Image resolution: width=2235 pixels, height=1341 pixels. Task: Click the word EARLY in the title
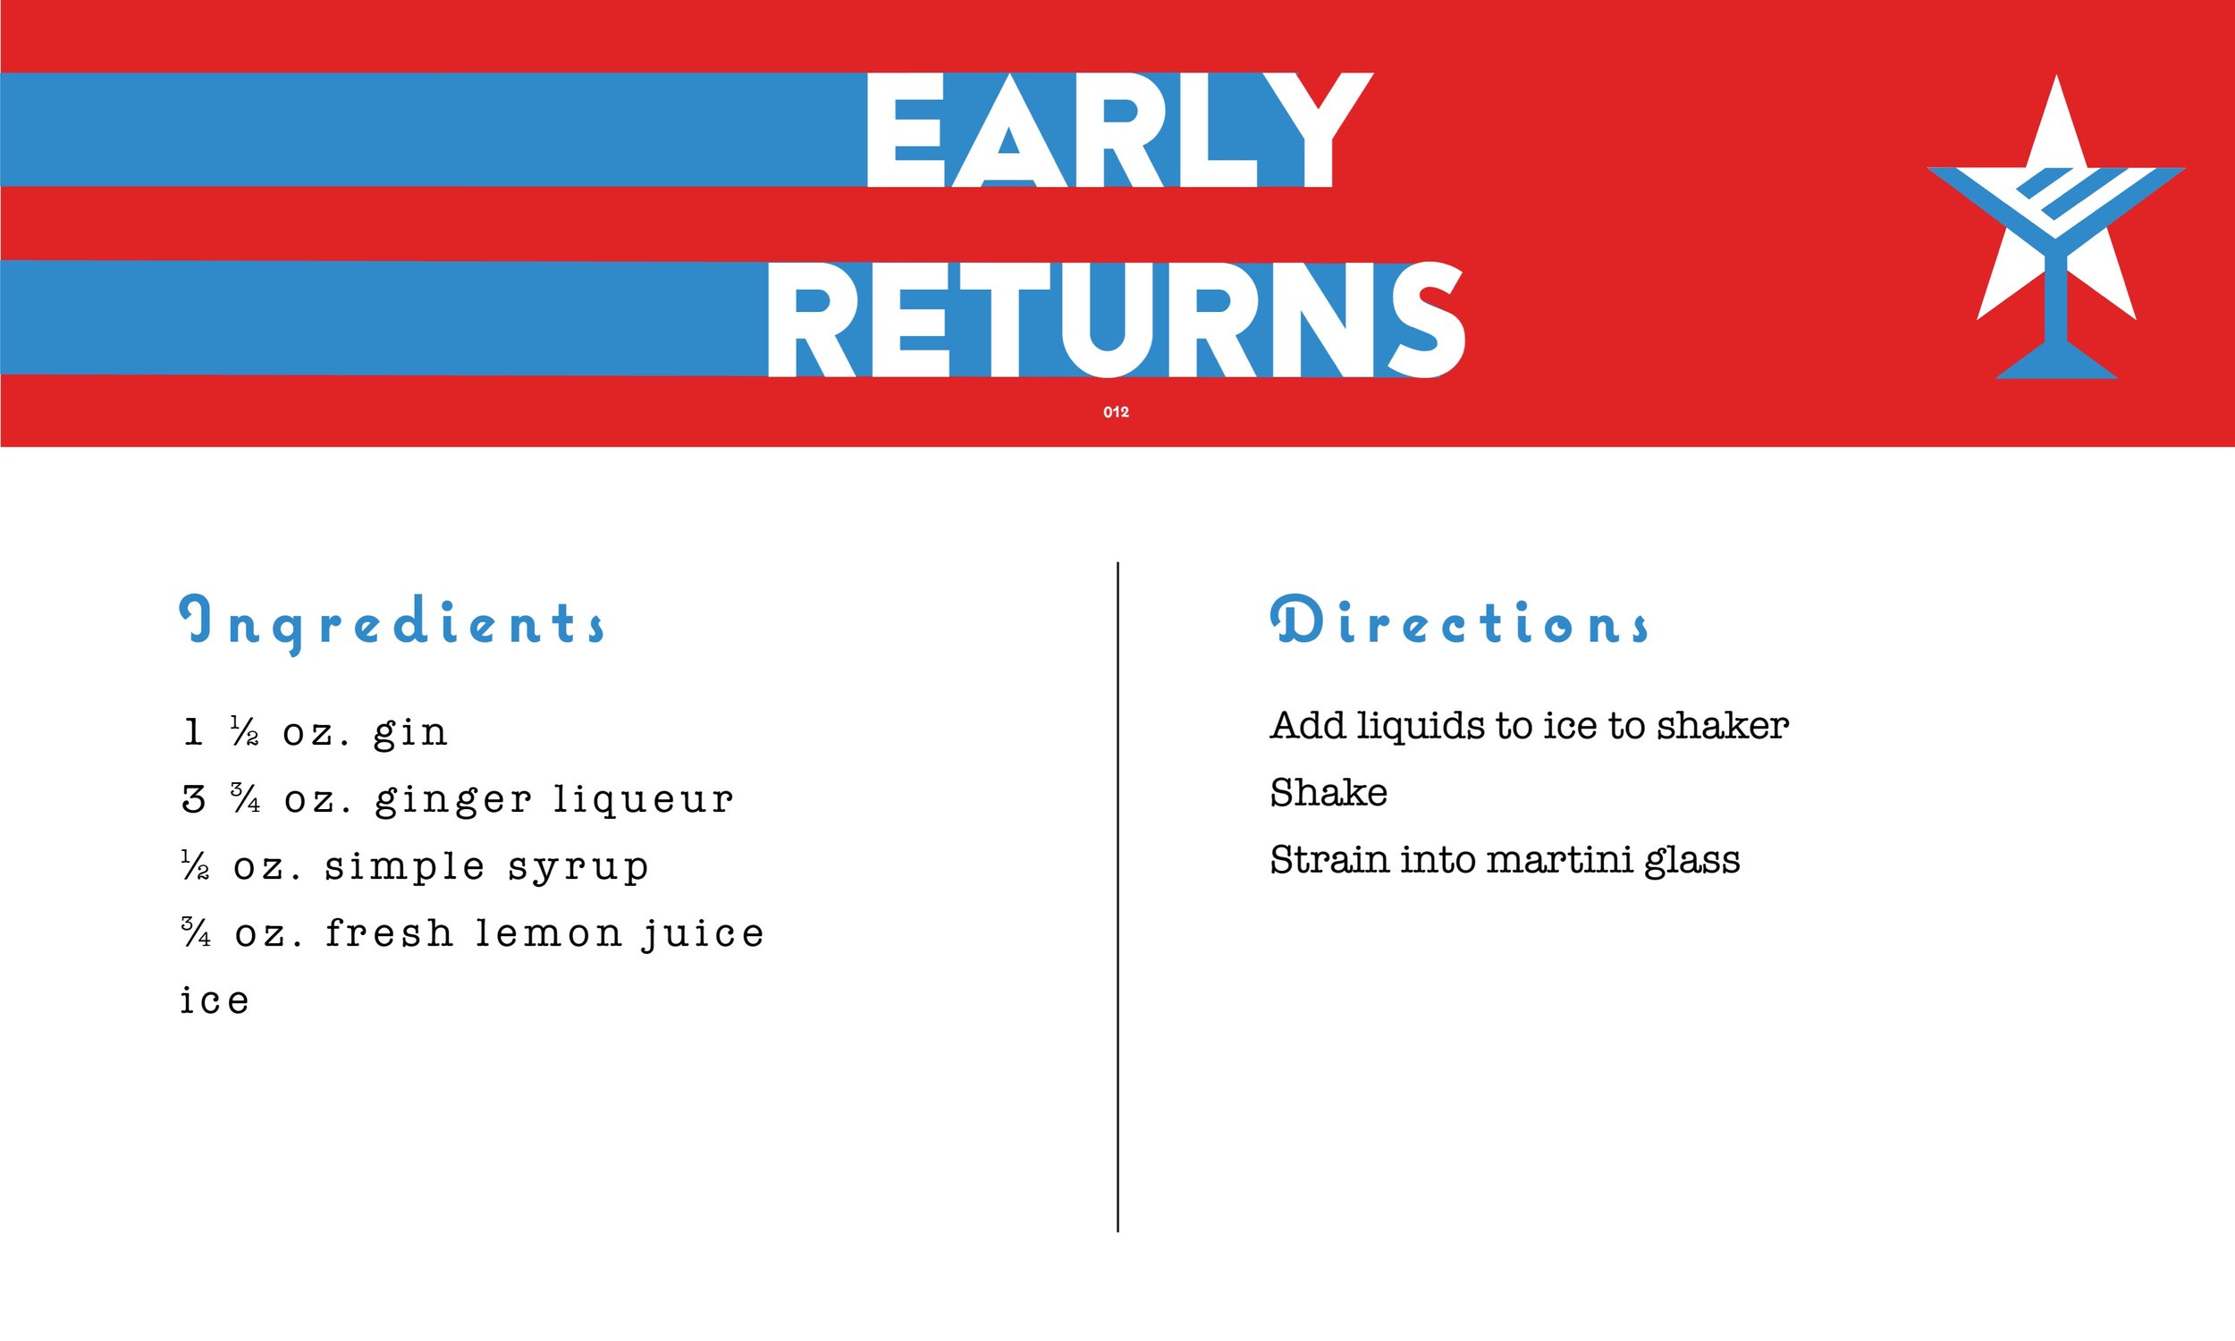pyautogui.click(x=1118, y=131)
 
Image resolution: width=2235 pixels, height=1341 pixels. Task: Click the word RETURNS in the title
pyautogui.click(x=1116, y=320)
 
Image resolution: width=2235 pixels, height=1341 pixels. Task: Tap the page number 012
pyautogui.click(x=1116, y=412)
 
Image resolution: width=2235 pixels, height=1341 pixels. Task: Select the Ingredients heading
pyautogui.click(x=393, y=623)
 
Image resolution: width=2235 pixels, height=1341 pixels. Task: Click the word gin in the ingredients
pyautogui.click(x=411, y=733)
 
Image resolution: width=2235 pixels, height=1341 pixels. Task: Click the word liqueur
pyautogui.click(x=643, y=800)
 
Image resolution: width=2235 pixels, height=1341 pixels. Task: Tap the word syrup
pyautogui.click(x=578, y=867)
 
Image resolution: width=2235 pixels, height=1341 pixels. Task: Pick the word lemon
pyautogui.click(x=549, y=933)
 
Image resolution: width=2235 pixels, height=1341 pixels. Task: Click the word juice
pyautogui.click(x=703, y=934)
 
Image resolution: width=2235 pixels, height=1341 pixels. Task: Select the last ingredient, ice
pyautogui.click(x=214, y=1001)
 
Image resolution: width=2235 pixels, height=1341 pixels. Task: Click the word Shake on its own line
pyautogui.click(x=1328, y=793)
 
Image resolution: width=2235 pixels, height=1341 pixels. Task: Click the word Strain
pyautogui.click(x=1328, y=860)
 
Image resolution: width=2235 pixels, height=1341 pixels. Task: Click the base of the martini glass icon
pyautogui.click(x=2056, y=365)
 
